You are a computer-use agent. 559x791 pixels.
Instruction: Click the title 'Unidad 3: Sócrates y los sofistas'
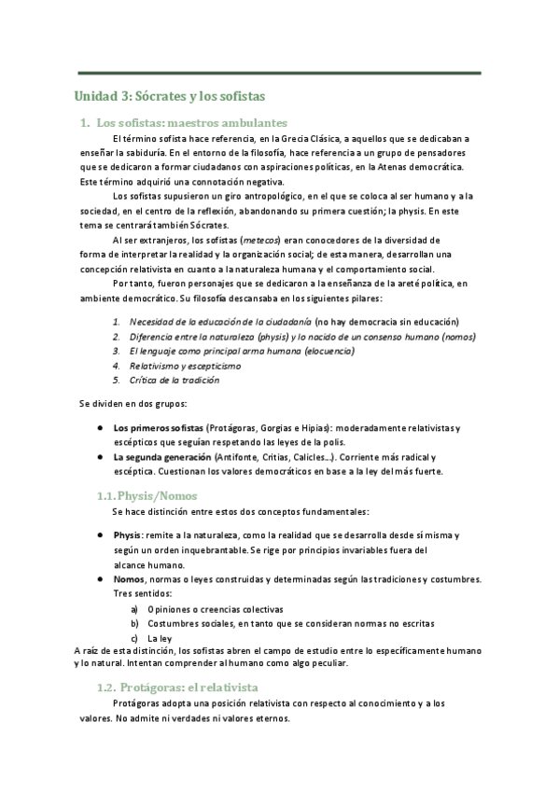[x=171, y=95]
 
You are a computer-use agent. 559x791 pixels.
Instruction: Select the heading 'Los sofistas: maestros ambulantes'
[x=192, y=122]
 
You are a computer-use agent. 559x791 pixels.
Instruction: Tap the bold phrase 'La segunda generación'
[x=161, y=457]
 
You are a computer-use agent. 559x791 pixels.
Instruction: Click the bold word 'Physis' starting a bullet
[x=128, y=535]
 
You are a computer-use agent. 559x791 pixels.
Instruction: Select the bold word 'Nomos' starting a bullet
[x=129, y=579]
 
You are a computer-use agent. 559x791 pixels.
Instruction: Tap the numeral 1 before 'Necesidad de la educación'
[x=116, y=321]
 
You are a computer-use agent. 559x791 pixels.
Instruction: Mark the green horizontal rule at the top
[x=279, y=73]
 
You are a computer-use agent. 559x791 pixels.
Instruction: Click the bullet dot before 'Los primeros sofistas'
[x=100, y=427]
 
